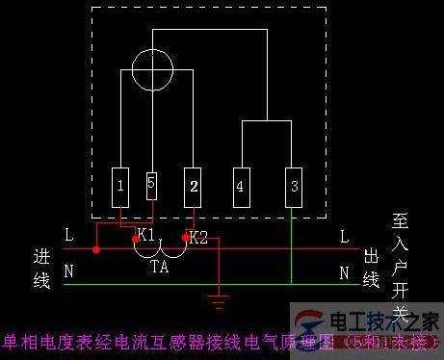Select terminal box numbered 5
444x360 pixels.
(x=150, y=185)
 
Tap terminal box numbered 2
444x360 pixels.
(x=195, y=185)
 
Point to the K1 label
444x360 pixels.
(x=146, y=235)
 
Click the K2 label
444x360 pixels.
(x=198, y=237)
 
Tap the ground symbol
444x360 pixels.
(x=223, y=300)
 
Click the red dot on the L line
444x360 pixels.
(x=96, y=250)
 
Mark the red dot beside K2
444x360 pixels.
(x=185, y=235)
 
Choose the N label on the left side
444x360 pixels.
(x=68, y=271)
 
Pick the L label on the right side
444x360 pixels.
(x=344, y=236)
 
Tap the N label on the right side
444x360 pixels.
(x=344, y=272)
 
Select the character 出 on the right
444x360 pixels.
(x=371, y=256)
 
